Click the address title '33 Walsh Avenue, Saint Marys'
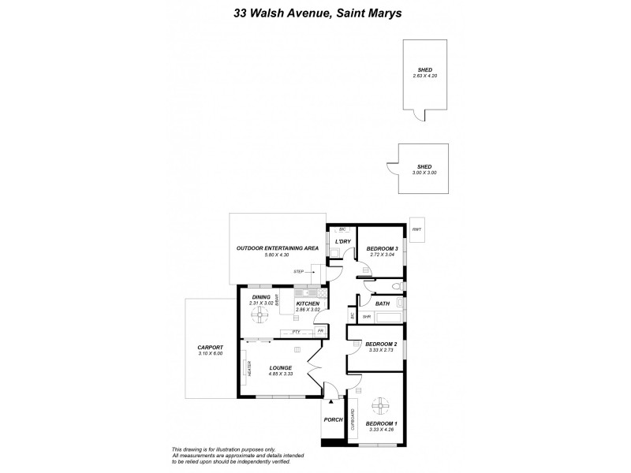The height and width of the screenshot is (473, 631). (315, 13)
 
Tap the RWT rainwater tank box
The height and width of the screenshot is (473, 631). (417, 229)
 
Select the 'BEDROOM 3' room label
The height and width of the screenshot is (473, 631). (383, 249)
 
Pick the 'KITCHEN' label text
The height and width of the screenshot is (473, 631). (308, 304)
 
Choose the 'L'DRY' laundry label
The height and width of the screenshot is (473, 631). (342, 240)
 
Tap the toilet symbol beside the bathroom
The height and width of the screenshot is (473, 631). (400, 287)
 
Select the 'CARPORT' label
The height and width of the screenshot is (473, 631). (211, 347)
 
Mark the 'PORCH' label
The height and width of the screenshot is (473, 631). (333, 419)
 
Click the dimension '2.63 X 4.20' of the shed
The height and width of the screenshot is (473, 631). (424, 76)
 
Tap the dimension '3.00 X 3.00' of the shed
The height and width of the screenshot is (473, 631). (424, 172)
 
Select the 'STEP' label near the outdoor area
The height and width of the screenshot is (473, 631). (299, 271)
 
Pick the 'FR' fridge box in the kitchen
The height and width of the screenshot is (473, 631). (320, 331)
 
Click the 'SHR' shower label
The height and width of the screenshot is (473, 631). (367, 316)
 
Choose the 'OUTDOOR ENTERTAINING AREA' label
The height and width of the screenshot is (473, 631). (277, 248)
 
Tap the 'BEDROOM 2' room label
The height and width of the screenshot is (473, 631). (381, 344)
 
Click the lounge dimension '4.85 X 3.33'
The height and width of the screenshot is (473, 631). (281, 374)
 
